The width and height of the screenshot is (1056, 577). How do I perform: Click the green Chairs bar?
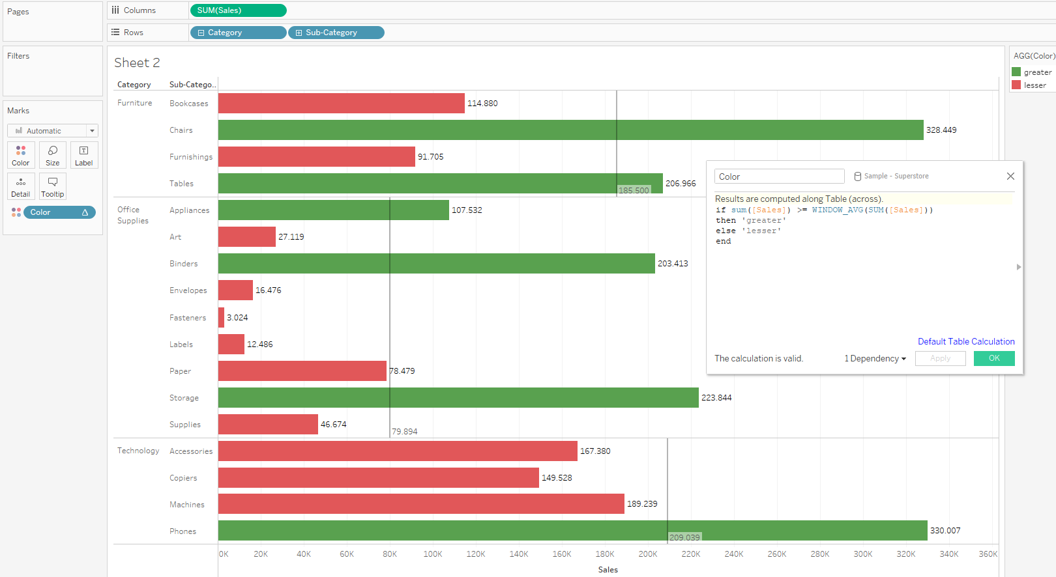tap(570, 130)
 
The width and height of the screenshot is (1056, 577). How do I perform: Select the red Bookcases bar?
tap(341, 103)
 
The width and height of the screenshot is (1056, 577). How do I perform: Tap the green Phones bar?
tap(572, 530)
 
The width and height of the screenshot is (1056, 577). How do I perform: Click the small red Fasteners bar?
tap(222, 317)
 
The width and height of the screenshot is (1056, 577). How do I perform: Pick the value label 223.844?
tap(716, 398)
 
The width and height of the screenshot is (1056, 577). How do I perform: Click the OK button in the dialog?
tap(993, 358)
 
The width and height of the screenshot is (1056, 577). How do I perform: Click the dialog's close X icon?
tap(1010, 176)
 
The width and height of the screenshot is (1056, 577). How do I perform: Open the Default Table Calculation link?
tap(966, 341)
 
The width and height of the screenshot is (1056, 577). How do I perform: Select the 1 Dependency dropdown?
tap(875, 359)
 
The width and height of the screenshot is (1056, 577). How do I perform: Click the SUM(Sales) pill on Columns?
tap(238, 10)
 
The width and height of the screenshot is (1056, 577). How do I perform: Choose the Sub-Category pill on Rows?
tap(336, 33)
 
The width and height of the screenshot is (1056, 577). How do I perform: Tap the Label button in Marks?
tap(84, 156)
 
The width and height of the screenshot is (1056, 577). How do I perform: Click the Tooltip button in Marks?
tap(53, 187)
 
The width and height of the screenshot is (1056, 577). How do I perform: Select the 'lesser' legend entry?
tap(1034, 85)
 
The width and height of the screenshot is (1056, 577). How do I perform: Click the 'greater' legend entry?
tap(1036, 72)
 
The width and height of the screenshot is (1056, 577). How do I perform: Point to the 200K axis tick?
tap(648, 554)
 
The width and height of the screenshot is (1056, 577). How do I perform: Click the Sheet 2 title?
tap(137, 63)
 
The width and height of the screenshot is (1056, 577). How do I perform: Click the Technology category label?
tap(138, 451)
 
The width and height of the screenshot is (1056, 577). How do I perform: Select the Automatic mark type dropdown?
tap(53, 131)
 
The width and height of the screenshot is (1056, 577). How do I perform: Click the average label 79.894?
tap(405, 432)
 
